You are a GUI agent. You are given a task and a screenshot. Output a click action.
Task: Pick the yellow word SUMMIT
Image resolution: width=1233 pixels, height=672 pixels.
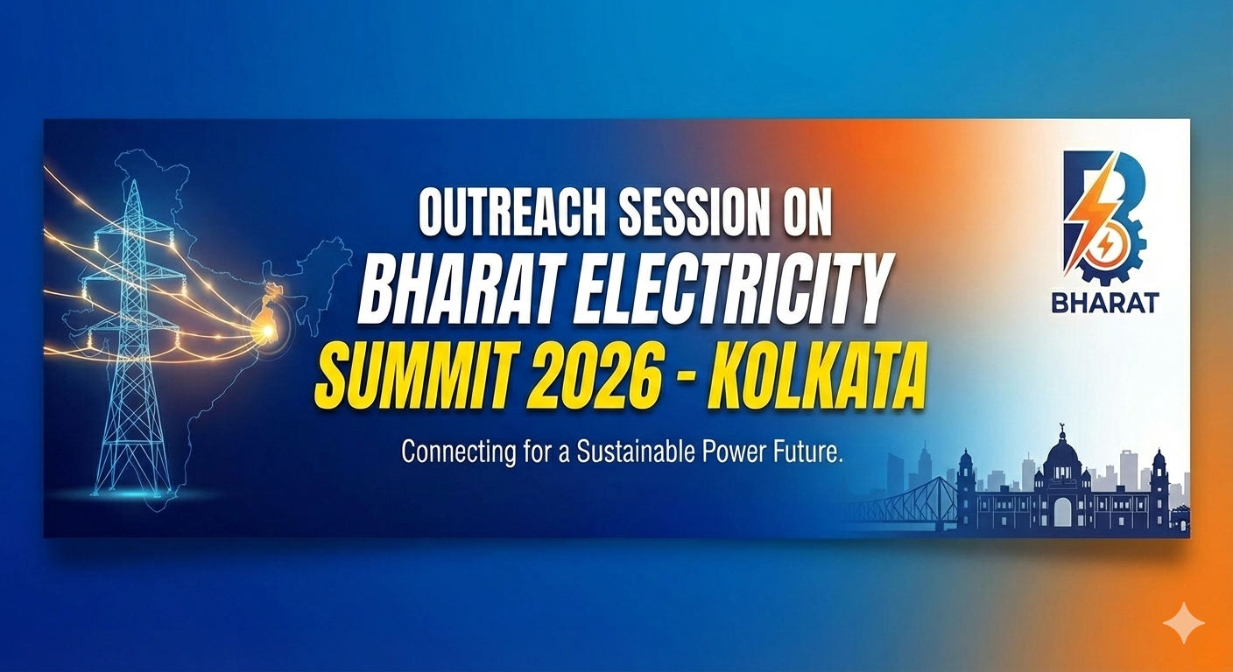[x=410, y=376]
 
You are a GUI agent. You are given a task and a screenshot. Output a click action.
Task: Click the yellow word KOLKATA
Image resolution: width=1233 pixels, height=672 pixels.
[x=815, y=376]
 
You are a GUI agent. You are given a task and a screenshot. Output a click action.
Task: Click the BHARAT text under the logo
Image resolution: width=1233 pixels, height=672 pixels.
[x=1105, y=303]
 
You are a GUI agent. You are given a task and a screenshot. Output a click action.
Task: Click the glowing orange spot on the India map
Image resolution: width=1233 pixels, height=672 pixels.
[x=268, y=329]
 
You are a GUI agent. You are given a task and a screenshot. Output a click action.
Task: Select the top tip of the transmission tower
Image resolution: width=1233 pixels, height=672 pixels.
[x=134, y=180]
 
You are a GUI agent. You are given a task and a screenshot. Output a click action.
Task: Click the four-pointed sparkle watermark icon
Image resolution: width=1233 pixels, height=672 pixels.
[x=1183, y=623]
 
